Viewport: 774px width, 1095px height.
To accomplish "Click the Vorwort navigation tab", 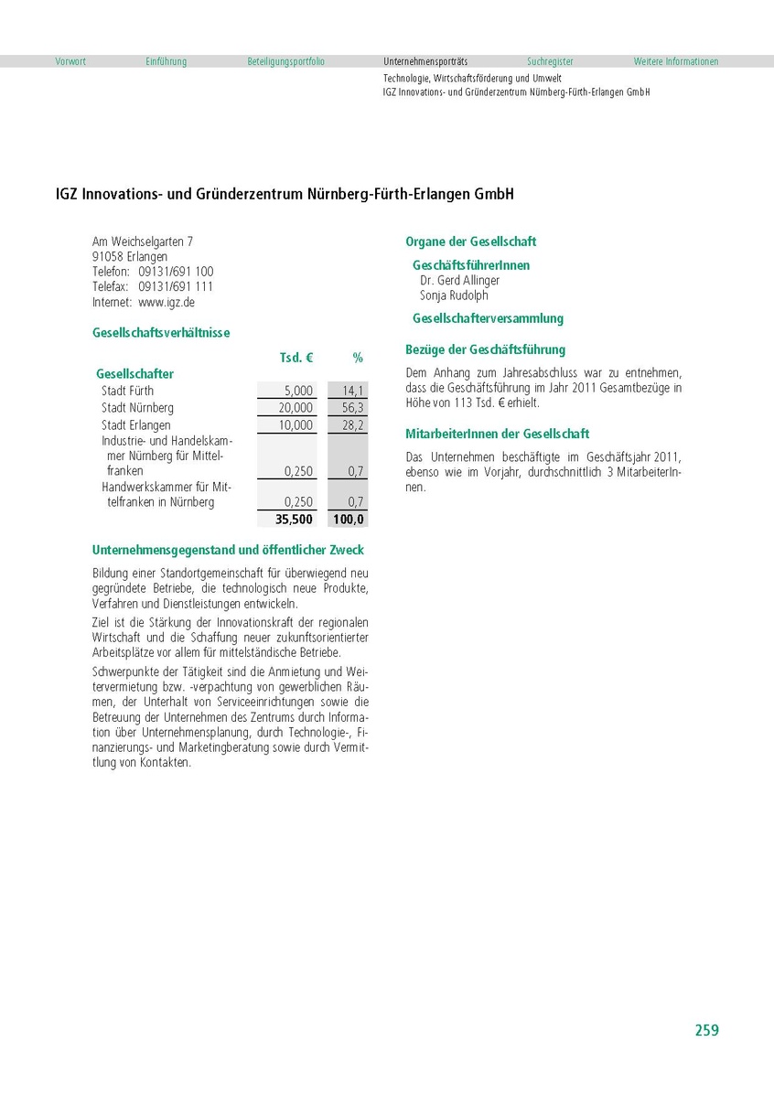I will pos(70,62).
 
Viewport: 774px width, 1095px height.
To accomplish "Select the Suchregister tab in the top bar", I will pos(550,62).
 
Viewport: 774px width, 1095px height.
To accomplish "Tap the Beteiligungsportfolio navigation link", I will pos(285,62).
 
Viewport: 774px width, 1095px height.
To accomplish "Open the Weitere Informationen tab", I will pos(675,62).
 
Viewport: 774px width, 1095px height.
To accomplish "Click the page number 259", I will pos(706,1030).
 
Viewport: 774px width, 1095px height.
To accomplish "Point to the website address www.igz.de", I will pos(167,302).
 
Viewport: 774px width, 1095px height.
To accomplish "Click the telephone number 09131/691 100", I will pos(176,272).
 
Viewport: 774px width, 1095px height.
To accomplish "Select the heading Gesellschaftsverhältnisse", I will pos(161,333).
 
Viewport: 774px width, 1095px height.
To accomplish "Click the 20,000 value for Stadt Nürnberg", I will pos(296,408).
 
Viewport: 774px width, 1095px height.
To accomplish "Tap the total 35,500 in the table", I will pos(294,520).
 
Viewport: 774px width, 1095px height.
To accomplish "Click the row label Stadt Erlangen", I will pos(135,425).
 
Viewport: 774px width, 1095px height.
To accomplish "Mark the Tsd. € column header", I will pos(296,358).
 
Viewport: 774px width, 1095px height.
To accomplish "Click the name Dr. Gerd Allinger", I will pos(459,281).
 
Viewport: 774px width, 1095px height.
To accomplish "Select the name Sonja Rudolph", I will pos(454,295).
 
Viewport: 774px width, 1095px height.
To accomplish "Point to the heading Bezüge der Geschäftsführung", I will pos(485,349).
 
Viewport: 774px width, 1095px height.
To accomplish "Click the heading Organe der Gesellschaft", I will pos(470,242).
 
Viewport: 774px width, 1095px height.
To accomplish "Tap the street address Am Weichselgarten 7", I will pos(143,242).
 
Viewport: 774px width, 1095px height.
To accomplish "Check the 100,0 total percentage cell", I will pos(349,520).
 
